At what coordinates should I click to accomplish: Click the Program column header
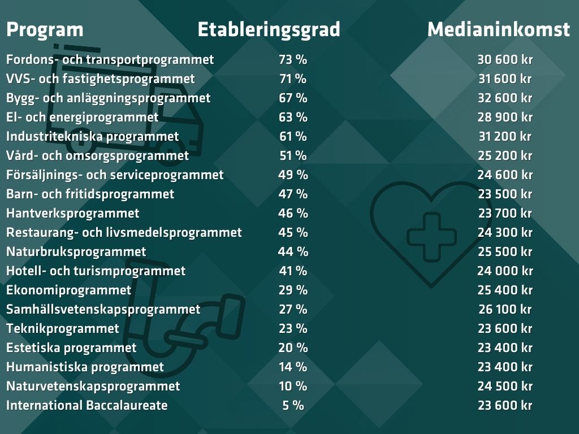point(45,29)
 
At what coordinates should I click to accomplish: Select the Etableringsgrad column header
point(269,29)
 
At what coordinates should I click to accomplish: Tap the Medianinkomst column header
point(498,29)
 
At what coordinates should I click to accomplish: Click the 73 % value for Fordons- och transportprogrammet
point(293,59)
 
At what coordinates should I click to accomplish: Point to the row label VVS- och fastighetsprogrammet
point(100,79)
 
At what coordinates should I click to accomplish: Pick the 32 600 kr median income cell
point(504,98)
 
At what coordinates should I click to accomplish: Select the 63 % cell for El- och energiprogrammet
point(293,117)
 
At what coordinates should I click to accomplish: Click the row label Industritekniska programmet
point(92,136)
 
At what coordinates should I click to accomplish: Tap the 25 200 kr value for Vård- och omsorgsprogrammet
point(504,155)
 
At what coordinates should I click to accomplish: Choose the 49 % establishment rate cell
point(293,175)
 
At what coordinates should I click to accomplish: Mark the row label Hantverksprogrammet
point(72,213)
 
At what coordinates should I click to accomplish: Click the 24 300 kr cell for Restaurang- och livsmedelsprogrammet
point(504,232)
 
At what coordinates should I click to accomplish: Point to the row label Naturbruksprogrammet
point(76,251)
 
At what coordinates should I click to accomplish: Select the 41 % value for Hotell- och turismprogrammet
point(293,271)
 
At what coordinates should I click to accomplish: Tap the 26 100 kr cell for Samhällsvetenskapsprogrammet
point(504,309)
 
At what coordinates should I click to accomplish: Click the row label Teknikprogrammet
point(63,328)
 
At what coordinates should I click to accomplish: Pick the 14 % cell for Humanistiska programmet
point(293,367)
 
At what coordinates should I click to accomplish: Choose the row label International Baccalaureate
point(87,405)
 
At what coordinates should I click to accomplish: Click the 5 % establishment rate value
point(293,405)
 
